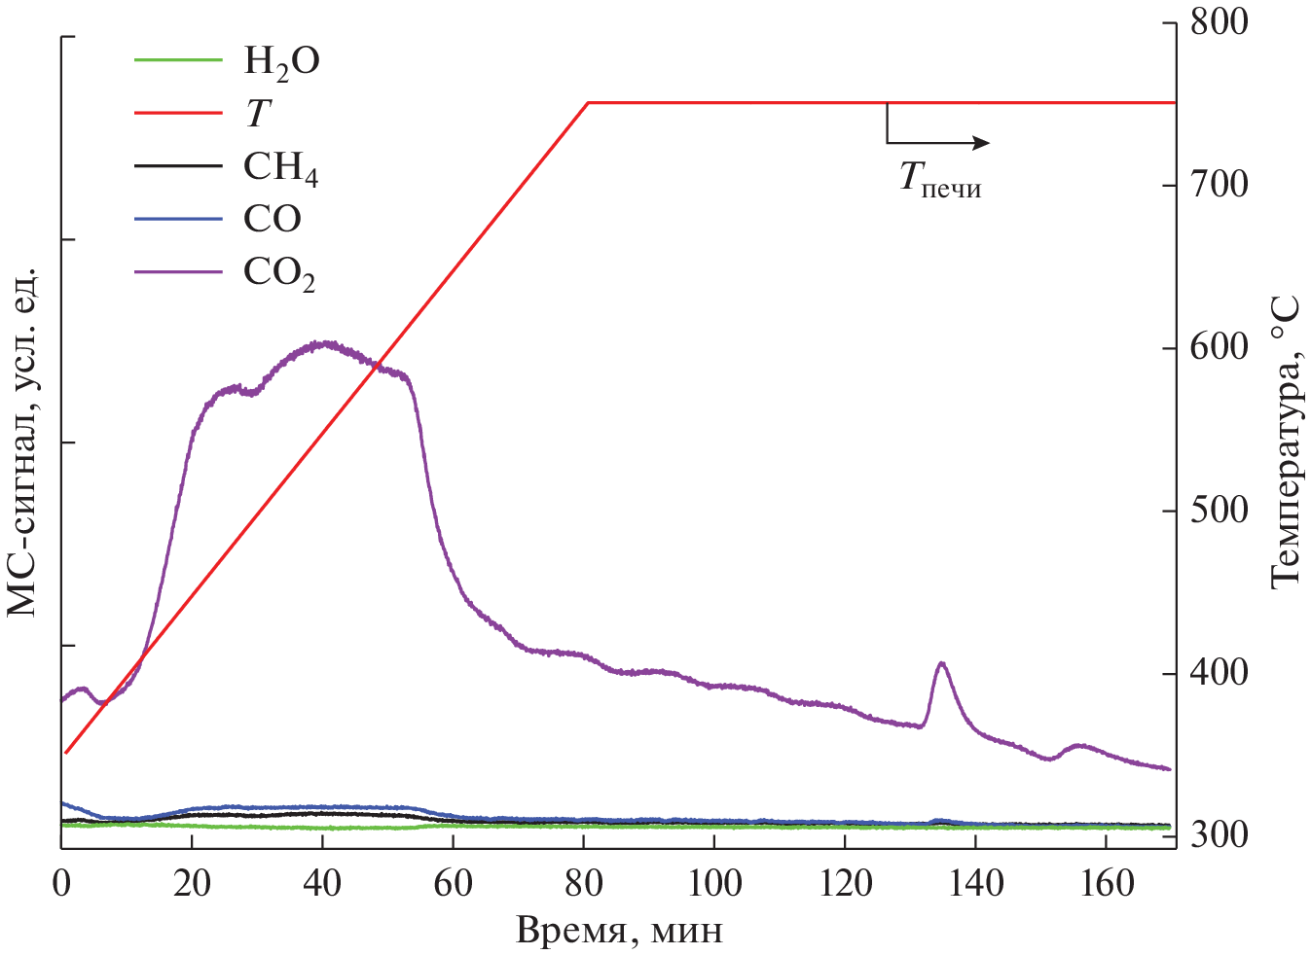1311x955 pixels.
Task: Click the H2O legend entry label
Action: click(x=280, y=62)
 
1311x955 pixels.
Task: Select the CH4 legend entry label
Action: click(x=280, y=167)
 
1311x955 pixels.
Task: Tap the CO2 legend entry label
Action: click(x=279, y=272)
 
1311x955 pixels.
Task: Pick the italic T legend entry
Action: click(x=256, y=115)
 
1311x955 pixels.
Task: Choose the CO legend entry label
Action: click(x=272, y=220)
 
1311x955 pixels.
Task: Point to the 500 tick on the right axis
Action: click(x=1219, y=511)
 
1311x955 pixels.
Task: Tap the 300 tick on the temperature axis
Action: click(x=1219, y=834)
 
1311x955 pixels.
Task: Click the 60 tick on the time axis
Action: click(x=453, y=883)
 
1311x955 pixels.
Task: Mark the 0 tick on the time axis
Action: click(x=62, y=883)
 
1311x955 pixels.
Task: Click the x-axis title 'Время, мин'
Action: click(x=619, y=931)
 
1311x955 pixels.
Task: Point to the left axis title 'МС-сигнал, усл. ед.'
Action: click(x=23, y=440)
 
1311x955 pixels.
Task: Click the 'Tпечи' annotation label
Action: click(x=939, y=180)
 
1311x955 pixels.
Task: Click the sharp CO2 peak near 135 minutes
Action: click(x=941, y=663)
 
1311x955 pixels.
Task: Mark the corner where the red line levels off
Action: click(x=588, y=102)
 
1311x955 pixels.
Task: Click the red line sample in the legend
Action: click(x=178, y=113)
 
